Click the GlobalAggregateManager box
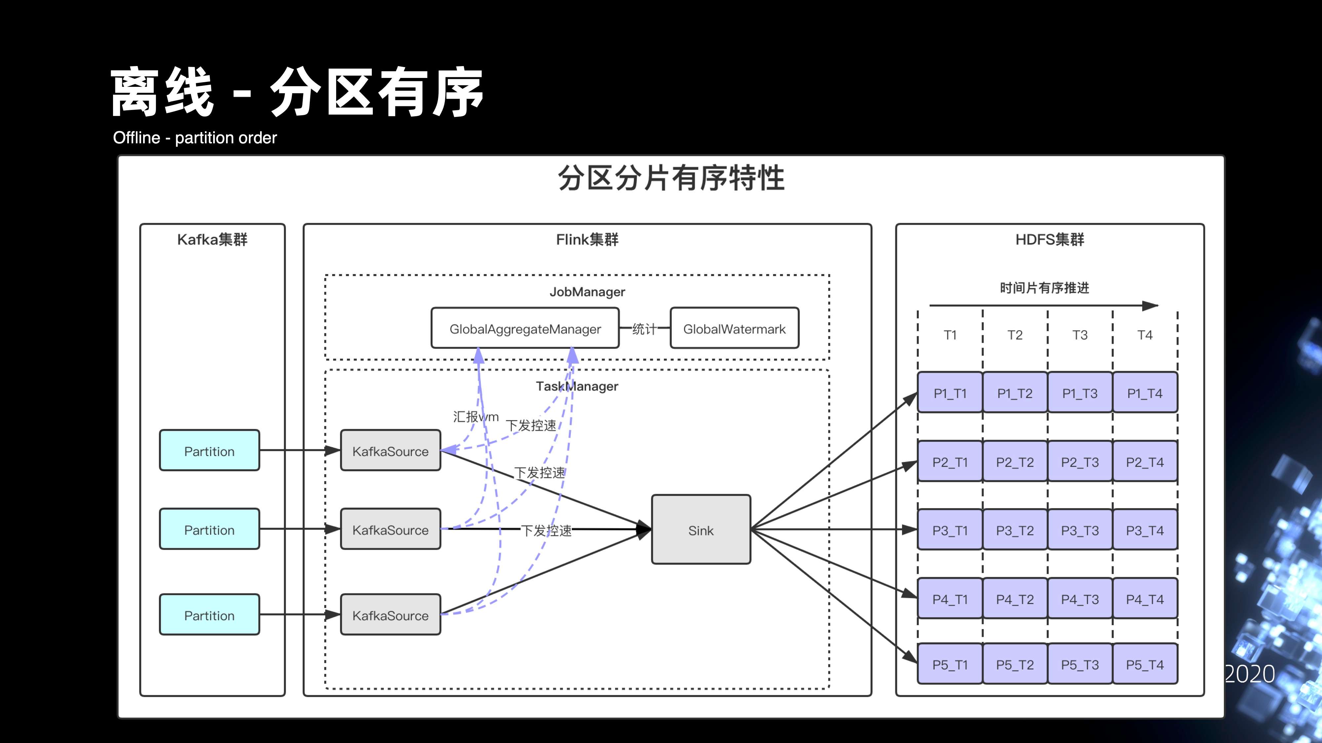(x=525, y=329)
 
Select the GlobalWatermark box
(x=734, y=329)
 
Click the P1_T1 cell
(x=950, y=393)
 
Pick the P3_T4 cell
(x=1145, y=530)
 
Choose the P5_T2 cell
(x=1015, y=664)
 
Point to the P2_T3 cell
(x=1080, y=462)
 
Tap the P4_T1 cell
(x=950, y=599)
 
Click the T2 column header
(x=1015, y=335)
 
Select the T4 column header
(x=1145, y=335)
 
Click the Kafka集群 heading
(x=212, y=239)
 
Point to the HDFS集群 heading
(x=1049, y=239)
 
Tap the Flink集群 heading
(x=587, y=239)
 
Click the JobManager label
(x=587, y=292)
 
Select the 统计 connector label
(x=644, y=329)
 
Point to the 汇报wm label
(x=475, y=416)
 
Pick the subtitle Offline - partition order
(x=195, y=137)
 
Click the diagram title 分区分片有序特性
(x=671, y=178)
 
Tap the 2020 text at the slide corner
(x=1249, y=674)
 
